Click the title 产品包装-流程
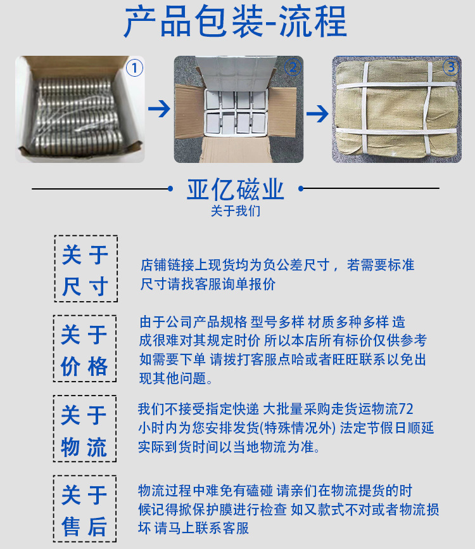[236, 23]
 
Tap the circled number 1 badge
[134, 68]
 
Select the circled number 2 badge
[292, 68]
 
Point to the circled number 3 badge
[450, 68]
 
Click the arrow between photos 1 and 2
[160, 110]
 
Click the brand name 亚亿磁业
[236, 190]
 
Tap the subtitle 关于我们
[236, 211]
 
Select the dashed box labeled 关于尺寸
[85, 269]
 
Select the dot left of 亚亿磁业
[170, 188]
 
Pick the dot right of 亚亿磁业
[301, 188]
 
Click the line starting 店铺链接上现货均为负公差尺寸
[277, 265]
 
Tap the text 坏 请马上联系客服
[194, 528]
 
